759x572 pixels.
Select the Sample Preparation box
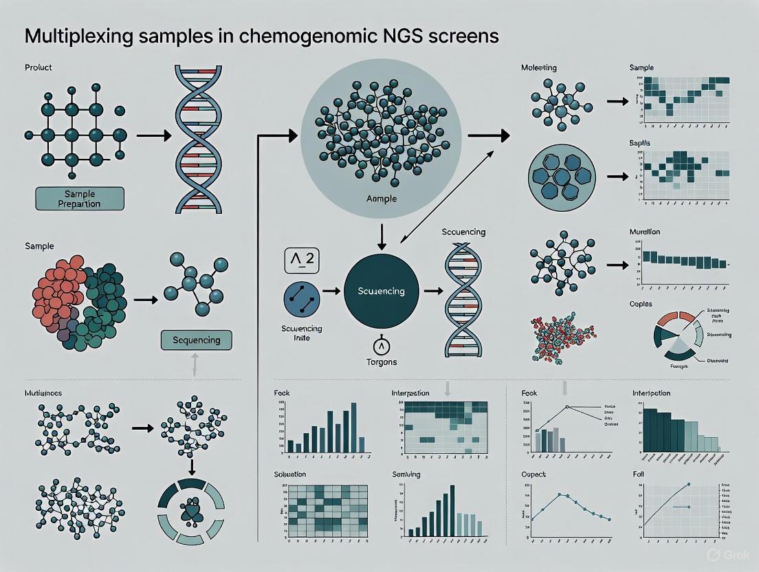[80, 198]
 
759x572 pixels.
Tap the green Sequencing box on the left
[196, 340]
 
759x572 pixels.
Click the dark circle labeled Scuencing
[382, 291]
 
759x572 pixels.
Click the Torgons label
[381, 362]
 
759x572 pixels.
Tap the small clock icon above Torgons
[381, 345]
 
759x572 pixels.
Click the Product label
[38, 68]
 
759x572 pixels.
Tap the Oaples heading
[640, 304]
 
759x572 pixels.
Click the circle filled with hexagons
[562, 177]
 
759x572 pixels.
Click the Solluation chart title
[289, 474]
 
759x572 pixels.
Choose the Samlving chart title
[406, 474]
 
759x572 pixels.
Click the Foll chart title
[638, 474]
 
